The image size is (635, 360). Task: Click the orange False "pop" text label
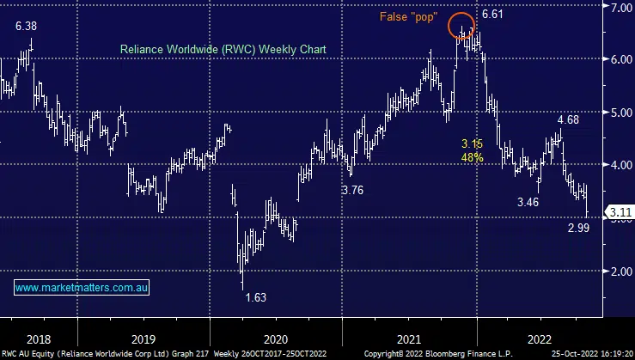coord(408,16)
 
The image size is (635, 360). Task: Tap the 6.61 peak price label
coord(493,15)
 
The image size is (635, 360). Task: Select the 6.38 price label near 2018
coord(27,27)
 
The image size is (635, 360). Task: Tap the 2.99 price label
coord(578,228)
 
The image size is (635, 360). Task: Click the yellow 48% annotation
coord(472,158)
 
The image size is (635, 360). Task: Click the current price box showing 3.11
coord(619,211)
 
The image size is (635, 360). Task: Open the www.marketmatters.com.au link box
coord(83,288)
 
